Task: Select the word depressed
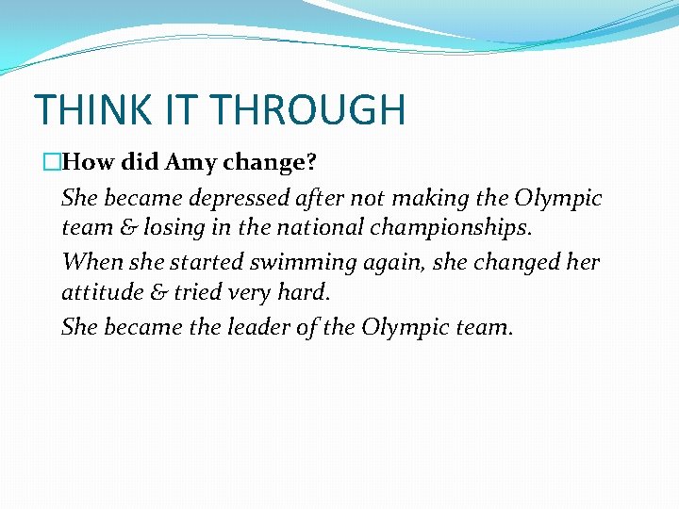coord(240,199)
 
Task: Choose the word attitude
coord(98,293)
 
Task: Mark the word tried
coord(192,293)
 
